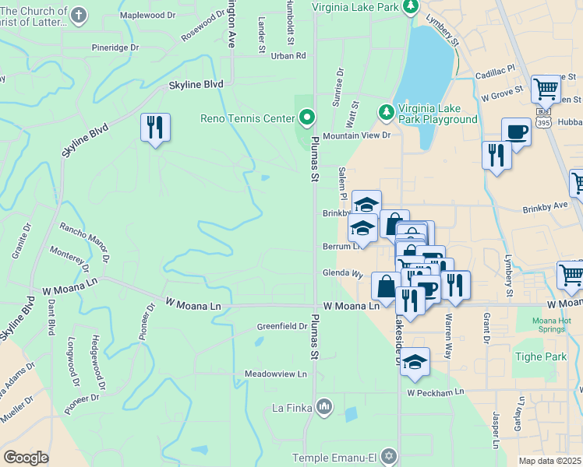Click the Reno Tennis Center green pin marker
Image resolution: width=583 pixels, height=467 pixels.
coord(307,118)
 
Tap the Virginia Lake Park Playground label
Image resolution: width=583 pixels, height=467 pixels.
coord(437,114)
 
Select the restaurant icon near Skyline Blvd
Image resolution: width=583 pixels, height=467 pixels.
coord(155,127)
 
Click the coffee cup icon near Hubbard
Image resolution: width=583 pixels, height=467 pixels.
coord(516,131)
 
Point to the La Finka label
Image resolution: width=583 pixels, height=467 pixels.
coord(291,406)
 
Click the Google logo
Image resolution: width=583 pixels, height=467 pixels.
coord(25,458)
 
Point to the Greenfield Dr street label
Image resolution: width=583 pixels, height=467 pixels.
coord(282,326)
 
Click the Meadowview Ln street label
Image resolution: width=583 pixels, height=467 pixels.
coord(276,374)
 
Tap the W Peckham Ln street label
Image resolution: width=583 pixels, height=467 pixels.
coord(435,392)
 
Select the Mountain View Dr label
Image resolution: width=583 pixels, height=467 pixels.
coord(356,135)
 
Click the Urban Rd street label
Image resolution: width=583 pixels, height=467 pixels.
coord(288,55)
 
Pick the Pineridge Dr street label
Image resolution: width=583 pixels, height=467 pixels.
coord(115,47)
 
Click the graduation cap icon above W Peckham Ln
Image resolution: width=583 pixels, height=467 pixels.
coord(415,361)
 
